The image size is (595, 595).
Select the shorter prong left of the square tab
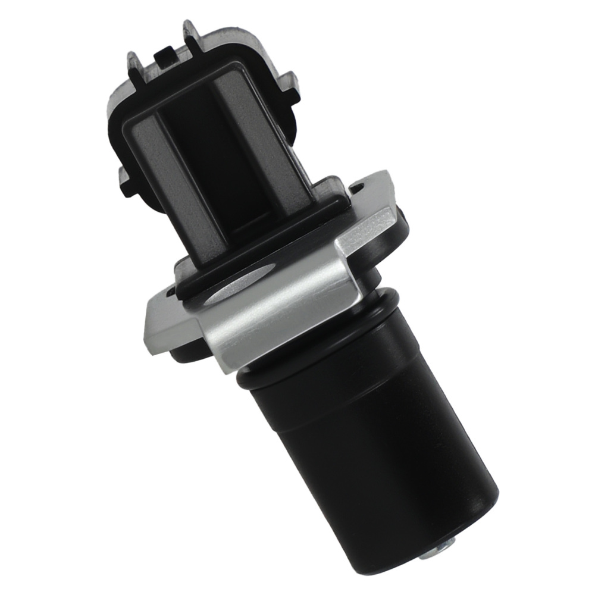[134, 62]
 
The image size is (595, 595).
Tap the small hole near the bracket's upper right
[359, 189]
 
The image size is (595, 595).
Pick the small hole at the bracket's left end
[171, 293]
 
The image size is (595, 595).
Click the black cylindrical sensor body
[381, 440]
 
